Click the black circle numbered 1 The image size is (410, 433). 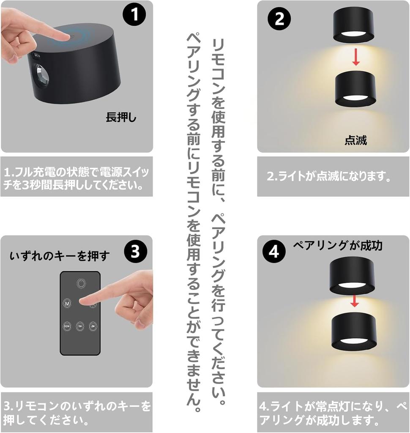[134, 15]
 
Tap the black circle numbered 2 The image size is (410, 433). [279, 19]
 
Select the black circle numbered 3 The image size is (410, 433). [135, 251]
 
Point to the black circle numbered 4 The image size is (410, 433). [274, 252]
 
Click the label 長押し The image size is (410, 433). [121, 118]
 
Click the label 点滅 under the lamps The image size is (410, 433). [355, 140]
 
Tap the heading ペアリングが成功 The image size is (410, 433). [337, 245]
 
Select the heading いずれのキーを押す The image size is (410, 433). [60, 256]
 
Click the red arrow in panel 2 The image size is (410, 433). [356, 57]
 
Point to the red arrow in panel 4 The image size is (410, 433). [355, 301]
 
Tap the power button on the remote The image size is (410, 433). [81, 283]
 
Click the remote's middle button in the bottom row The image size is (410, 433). [80, 326]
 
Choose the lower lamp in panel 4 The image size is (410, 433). [354, 333]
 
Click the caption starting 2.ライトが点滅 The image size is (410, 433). [329, 176]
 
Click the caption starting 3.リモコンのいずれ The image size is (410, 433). [77, 413]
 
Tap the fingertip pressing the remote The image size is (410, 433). [84, 301]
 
